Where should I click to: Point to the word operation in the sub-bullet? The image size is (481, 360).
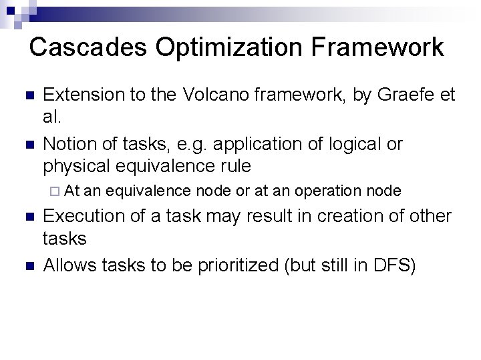coord(326,191)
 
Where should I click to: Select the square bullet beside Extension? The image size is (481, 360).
coord(27,96)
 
